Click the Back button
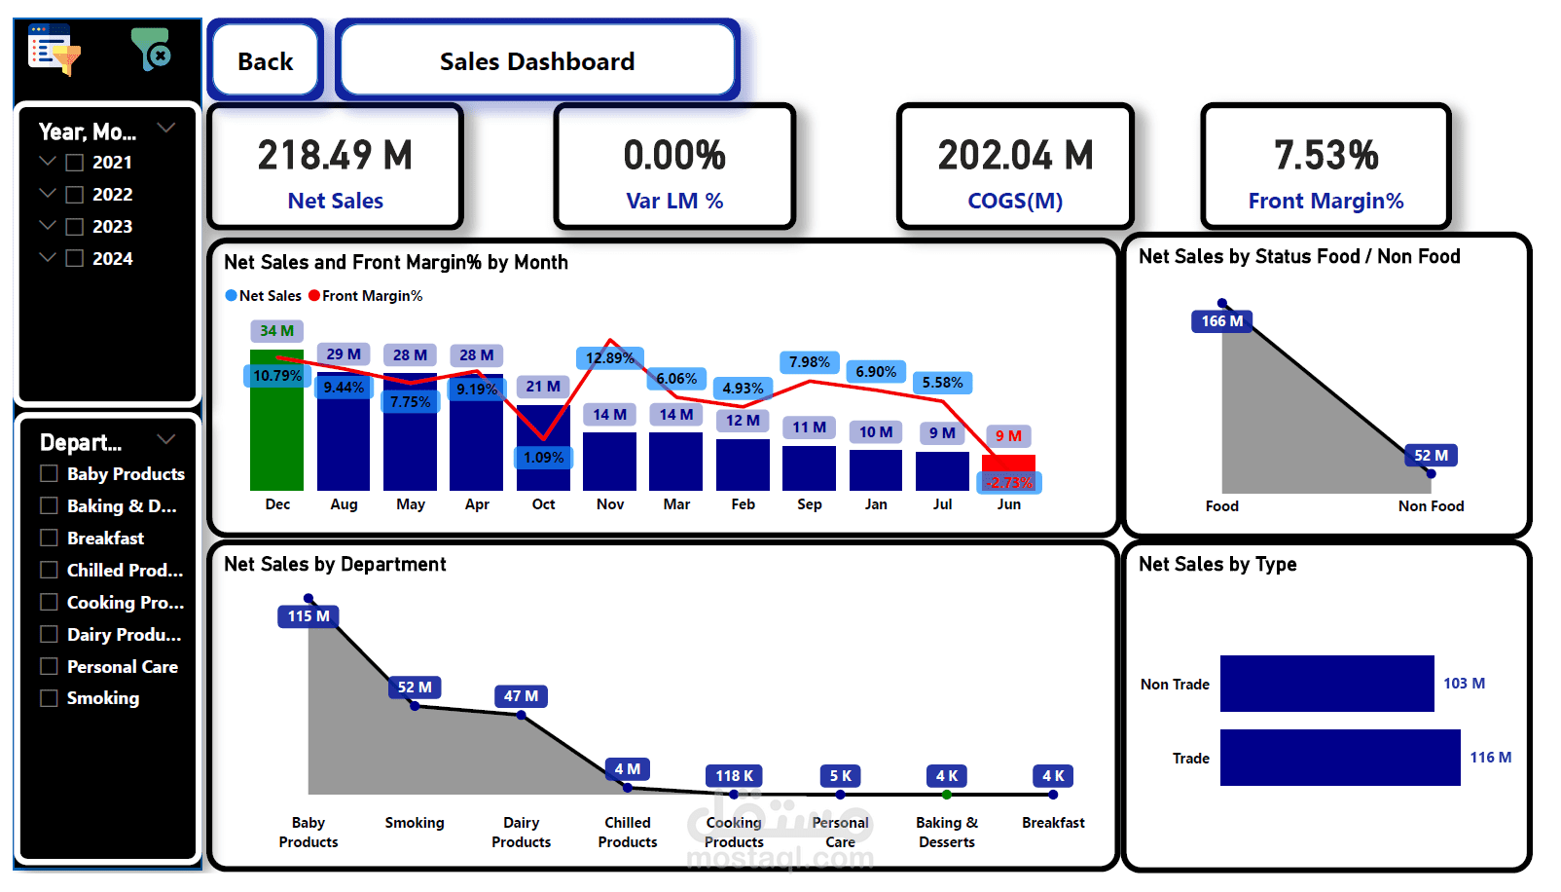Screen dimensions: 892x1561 (x=265, y=61)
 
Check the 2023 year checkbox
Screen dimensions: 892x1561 (x=74, y=227)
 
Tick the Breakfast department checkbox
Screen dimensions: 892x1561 (x=49, y=538)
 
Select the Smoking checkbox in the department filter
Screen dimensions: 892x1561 (x=49, y=698)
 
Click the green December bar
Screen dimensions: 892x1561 (x=276, y=428)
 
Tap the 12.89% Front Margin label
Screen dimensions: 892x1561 (x=609, y=358)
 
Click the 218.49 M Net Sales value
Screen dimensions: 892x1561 (x=335, y=156)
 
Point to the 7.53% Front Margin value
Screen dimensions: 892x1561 (x=1325, y=156)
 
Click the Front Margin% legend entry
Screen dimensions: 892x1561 (x=366, y=296)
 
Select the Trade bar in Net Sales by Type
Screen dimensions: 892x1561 (x=1339, y=758)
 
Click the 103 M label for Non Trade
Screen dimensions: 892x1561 (x=1464, y=684)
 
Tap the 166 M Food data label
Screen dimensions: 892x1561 (x=1221, y=321)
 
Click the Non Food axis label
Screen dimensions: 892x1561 (x=1431, y=506)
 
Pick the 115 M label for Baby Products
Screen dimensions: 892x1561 (x=309, y=616)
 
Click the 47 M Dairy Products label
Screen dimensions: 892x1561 (x=521, y=696)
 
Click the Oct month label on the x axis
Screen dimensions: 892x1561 (x=543, y=504)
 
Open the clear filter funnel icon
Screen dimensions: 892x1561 (x=151, y=49)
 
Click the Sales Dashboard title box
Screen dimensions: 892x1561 (x=537, y=61)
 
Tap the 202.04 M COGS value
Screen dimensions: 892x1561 (x=1015, y=156)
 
